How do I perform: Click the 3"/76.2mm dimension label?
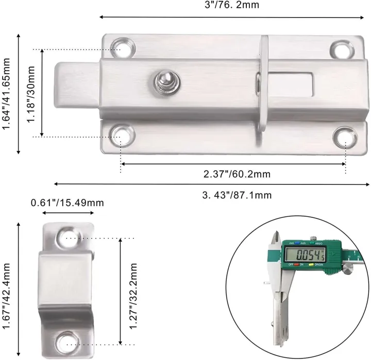point(233,5)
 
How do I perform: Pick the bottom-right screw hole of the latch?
point(345,137)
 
